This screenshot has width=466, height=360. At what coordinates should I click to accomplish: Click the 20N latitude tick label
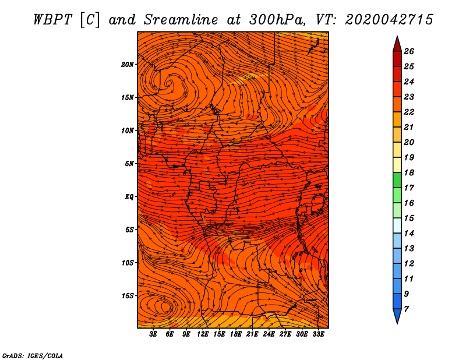click(x=128, y=64)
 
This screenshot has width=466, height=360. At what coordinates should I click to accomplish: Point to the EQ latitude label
click(x=129, y=196)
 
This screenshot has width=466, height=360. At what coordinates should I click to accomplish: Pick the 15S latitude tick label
click(x=128, y=295)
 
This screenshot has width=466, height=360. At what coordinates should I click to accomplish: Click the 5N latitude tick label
click(x=129, y=163)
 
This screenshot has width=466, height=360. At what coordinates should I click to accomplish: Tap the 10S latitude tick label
click(x=128, y=263)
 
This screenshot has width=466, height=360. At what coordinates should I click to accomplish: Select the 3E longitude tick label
click(x=154, y=334)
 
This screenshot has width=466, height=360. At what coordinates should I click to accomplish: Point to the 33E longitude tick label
click(x=318, y=334)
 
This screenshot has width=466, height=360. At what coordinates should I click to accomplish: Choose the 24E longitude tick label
click(x=269, y=334)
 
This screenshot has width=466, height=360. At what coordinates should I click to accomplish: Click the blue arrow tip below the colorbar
click(x=397, y=318)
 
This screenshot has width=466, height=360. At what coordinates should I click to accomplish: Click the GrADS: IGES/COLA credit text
click(x=33, y=355)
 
